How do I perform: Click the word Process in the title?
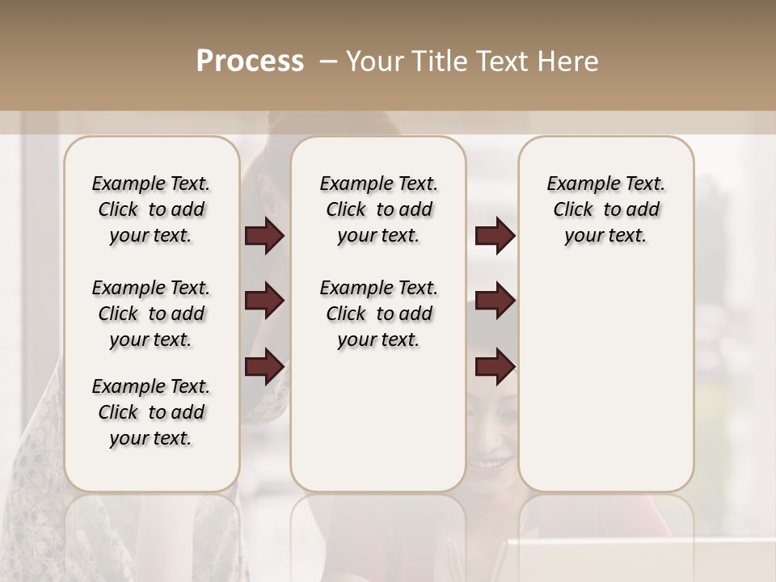[250, 61]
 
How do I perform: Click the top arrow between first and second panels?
[264, 236]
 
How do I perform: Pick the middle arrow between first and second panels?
[264, 301]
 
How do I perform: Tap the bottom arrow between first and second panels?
[264, 366]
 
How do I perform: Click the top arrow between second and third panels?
[495, 236]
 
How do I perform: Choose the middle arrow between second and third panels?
[495, 301]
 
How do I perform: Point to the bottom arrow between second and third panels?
[495, 366]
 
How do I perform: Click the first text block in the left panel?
[151, 209]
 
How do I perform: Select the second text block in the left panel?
[151, 314]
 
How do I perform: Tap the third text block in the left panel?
[151, 412]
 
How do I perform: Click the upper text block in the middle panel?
[379, 209]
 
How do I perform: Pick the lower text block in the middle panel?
[379, 314]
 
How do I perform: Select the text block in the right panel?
[606, 209]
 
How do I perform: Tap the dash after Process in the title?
[328, 61]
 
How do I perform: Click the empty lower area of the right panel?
[606, 380]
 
